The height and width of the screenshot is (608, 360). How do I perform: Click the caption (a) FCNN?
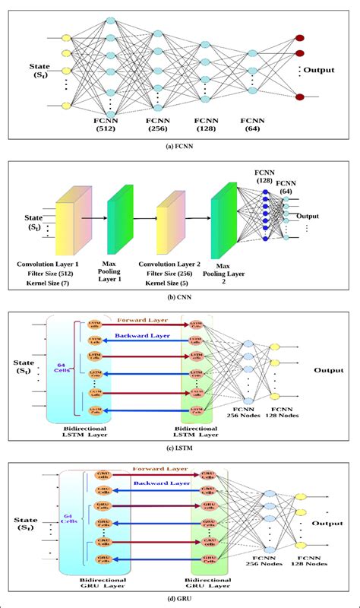179,146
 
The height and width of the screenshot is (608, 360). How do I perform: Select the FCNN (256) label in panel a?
159,125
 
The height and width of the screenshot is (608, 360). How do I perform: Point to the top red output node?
299,37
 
